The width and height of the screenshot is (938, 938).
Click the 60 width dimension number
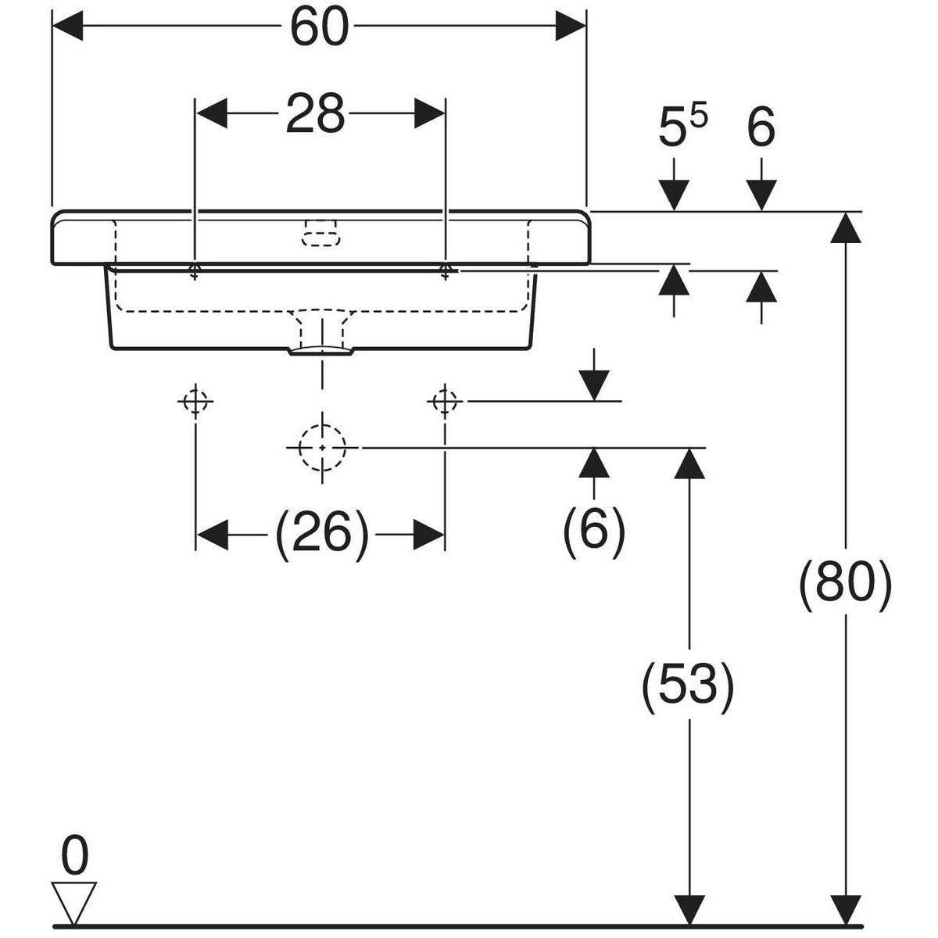tap(320, 27)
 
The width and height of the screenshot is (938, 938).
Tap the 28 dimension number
tap(315, 113)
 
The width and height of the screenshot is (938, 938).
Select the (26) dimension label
tap(321, 534)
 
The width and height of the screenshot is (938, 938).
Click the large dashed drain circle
tap(322, 447)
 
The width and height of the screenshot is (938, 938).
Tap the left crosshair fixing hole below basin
tap(195, 402)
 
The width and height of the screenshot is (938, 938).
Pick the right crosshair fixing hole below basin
tap(445, 402)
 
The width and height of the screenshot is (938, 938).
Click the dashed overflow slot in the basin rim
tap(321, 233)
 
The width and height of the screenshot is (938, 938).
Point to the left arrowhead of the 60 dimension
tap(67, 26)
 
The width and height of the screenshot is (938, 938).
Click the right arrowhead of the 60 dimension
tap(570, 26)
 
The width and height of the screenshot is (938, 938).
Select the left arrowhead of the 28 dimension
tap(211, 113)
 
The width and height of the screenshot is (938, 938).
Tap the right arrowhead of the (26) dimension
tap(428, 534)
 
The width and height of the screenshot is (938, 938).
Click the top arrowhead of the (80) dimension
tap(846, 227)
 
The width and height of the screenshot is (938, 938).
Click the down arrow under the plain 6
tap(761, 195)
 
